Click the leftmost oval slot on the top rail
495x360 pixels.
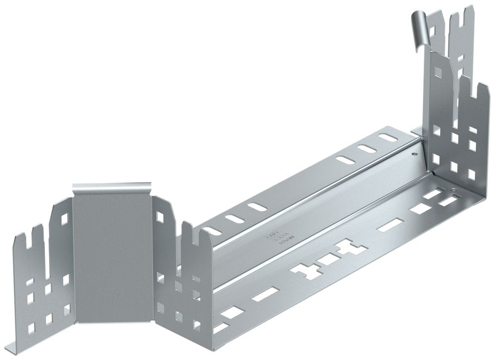(x=210, y=230)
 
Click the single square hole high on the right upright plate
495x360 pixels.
(x=438, y=73)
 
